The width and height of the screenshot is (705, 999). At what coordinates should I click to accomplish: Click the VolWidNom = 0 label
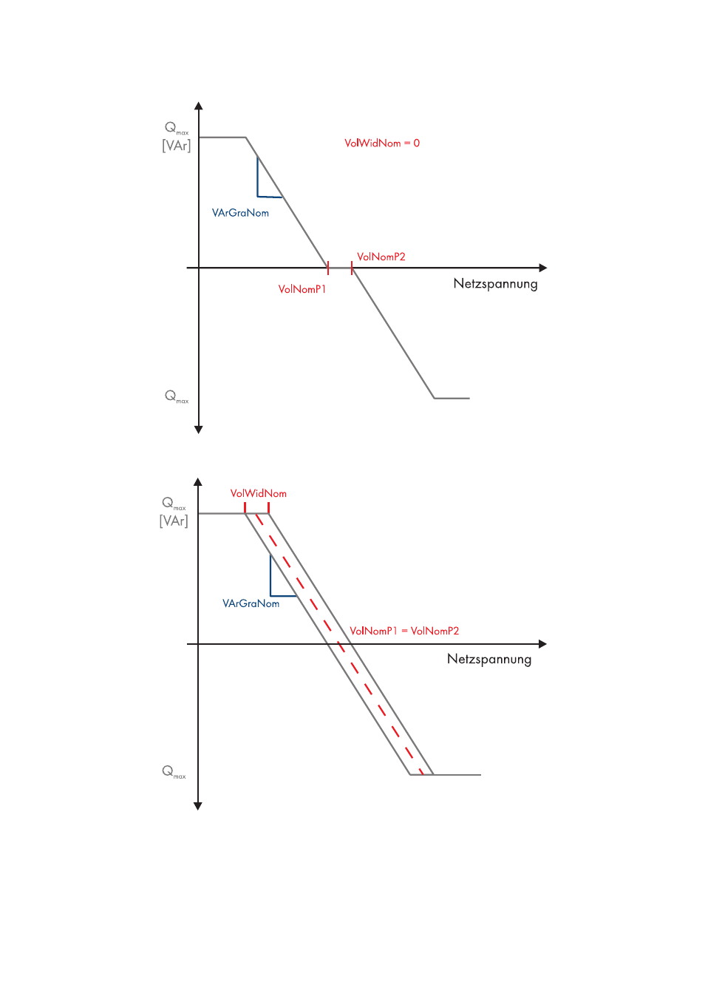[381, 143]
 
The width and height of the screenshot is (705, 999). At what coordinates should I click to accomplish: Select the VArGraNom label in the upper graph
[240, 213]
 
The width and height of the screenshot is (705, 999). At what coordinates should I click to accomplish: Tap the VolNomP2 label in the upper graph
[381, 257]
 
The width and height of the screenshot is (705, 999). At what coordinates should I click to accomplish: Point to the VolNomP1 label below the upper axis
[302, 289]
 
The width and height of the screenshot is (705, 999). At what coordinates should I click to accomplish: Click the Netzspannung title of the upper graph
[495, 284]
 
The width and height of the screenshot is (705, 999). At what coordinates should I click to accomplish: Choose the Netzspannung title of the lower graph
[488, 659]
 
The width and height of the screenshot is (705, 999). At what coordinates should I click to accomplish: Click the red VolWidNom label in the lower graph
[258, 493]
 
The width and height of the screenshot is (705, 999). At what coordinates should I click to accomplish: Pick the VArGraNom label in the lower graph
[251, 603]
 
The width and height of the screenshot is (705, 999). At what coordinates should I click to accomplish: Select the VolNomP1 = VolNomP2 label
[403, 631]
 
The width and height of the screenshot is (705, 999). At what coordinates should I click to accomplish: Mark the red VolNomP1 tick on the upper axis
[328, 268]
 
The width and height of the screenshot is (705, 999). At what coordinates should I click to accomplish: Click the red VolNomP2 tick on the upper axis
[352, 268]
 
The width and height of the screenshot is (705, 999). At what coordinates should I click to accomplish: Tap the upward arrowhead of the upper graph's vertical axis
[199, 106]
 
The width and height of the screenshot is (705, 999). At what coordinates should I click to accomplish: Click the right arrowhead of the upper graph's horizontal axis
[543, 268]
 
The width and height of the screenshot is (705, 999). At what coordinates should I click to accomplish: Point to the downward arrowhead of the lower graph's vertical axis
[198, 806]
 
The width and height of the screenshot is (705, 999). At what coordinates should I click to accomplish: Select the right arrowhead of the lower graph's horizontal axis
[542, 644]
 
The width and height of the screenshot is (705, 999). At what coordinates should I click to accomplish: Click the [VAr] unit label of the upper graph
[176, 146]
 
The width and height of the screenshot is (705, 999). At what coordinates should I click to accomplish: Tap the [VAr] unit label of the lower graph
[174, 521]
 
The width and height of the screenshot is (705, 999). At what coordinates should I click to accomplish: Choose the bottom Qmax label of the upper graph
[176, 396]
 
